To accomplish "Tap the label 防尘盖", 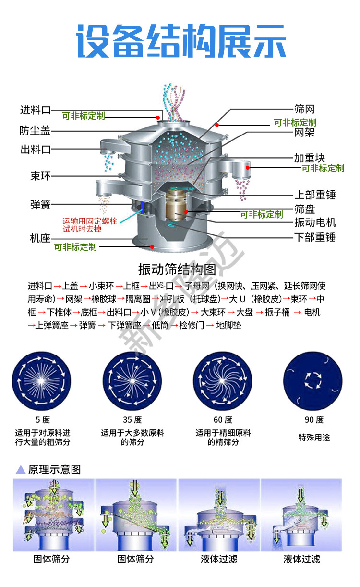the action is click(x=35, y=130).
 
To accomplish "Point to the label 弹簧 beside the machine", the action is click(x=40, y=205).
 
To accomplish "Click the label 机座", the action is click(x=40, y=238).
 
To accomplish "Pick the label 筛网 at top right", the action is click(x=304, y=109).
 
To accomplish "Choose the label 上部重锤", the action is click(x=315, y=195).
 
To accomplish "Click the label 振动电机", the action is click(x=315, y=222).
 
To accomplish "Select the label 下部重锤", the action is click(x=315, y=237).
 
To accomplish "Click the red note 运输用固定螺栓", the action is click(x=90, y=221).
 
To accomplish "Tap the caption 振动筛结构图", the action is click(x=177, y=268).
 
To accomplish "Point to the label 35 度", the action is click(x=132, y=420).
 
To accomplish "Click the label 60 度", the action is click(x=223, y=420).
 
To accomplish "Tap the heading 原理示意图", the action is click(x=54, y=469).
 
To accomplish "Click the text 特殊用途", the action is click(x=314, y=437).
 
